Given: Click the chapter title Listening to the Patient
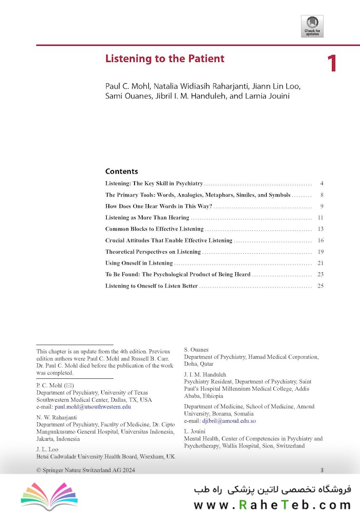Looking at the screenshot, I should [165, 59].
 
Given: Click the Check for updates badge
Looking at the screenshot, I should [312, 26].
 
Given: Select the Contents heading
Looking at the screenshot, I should [121, 171].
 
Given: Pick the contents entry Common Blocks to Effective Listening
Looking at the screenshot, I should [154, 229].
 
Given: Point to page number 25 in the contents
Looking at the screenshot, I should [320, 286].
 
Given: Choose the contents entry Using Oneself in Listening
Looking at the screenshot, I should [139, 263].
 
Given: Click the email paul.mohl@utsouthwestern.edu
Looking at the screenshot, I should [93, 407].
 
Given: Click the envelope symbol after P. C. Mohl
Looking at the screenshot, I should [69, 385].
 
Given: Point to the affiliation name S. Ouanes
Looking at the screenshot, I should [196, 350].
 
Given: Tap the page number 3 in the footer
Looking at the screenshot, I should [322, 470].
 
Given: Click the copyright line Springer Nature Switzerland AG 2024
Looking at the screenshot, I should [86, 470].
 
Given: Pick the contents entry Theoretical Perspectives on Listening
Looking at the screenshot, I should [153, 252].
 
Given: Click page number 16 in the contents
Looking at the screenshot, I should [320, 240].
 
